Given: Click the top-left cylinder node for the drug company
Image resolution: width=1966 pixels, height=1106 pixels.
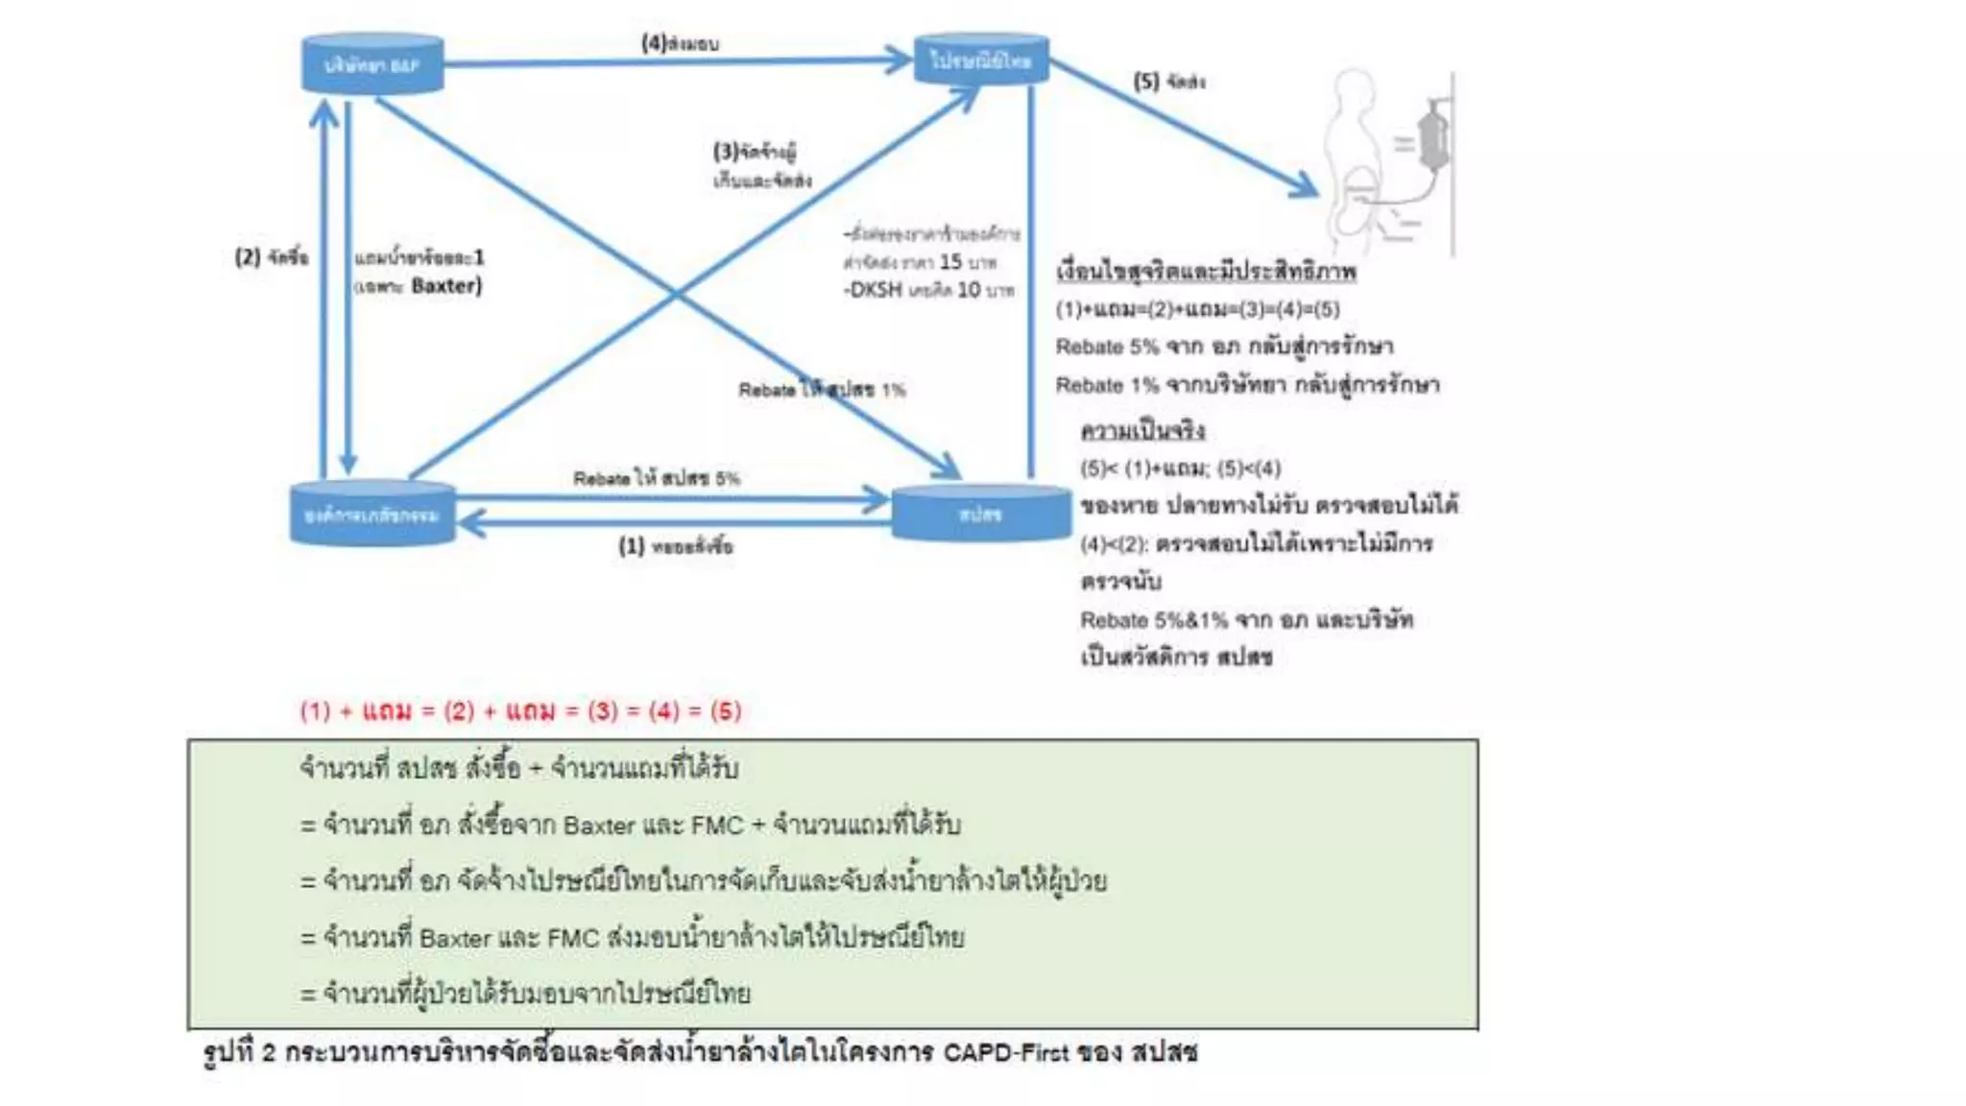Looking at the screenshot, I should tap(372, 64).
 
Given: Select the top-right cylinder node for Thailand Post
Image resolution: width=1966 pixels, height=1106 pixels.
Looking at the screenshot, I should tap(980, 60).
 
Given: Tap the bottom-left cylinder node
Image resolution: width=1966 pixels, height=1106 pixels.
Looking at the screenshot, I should tap(372, 515).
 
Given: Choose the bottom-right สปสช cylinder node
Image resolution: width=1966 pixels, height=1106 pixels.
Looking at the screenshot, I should tap(980, 514).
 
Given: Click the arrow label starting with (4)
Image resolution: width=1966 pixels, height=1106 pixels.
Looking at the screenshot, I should tap(680, 43).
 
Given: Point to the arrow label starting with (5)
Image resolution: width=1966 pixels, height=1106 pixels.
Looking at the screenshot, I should tap(1169, 82).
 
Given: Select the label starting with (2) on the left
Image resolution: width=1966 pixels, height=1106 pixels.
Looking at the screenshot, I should tap(272, 257).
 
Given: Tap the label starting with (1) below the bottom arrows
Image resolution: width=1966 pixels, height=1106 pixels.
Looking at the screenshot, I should tap(675, 546).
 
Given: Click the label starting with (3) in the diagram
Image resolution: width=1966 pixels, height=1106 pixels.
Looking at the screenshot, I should tap(755, 152).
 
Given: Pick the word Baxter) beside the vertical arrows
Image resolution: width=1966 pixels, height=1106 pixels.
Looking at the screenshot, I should tap(446, 285).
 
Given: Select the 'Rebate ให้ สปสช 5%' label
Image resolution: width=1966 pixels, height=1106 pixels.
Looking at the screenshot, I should tap(657, 478).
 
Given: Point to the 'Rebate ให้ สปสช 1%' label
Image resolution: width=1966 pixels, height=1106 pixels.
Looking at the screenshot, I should tap(822, 390).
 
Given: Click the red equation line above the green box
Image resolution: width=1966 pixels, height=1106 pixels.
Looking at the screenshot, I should tap(520, 711).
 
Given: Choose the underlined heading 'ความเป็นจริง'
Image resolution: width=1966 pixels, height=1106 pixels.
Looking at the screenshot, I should tap(1142, 430).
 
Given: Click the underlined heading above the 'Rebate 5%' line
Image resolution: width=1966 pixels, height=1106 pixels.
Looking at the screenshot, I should tap(1206, 272).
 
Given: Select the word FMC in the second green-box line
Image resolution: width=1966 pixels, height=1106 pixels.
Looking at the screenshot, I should tap(717, 825).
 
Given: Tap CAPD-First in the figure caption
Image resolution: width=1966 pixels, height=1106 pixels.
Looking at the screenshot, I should tap(1005, 1052).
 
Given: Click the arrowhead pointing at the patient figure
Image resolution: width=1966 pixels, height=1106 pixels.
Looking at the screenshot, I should tap(1306, 185).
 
